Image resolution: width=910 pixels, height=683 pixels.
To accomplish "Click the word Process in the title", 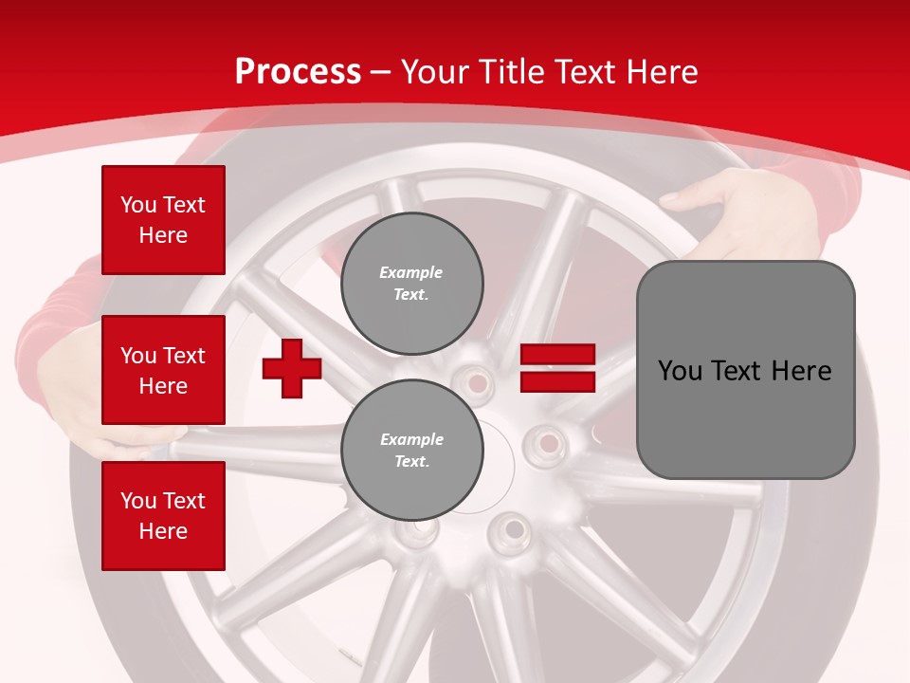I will coord(298,71).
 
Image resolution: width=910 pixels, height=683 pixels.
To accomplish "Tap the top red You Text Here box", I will coord(163,220).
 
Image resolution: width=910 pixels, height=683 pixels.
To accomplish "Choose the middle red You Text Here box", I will coord(163,370).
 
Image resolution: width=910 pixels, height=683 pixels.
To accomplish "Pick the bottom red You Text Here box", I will coord(163,516).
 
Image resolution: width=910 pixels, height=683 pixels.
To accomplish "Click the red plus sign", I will coord(292,368).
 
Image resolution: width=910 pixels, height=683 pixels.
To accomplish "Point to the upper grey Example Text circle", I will coord(411,284).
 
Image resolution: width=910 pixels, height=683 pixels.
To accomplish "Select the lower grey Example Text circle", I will coord(411,451).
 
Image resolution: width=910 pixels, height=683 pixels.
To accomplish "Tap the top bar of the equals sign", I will coord(557,355).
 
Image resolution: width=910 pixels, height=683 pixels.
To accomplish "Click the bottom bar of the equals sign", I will coord(557,381).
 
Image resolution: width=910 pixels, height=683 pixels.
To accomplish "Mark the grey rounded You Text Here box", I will coord(745,370).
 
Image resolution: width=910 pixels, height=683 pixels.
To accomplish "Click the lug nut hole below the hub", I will coord(512,527).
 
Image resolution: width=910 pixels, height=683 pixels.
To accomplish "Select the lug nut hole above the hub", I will coord(476,383).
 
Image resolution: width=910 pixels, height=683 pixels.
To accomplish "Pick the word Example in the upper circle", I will coord(411,272).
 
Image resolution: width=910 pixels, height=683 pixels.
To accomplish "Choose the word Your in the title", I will coord(433,71).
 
